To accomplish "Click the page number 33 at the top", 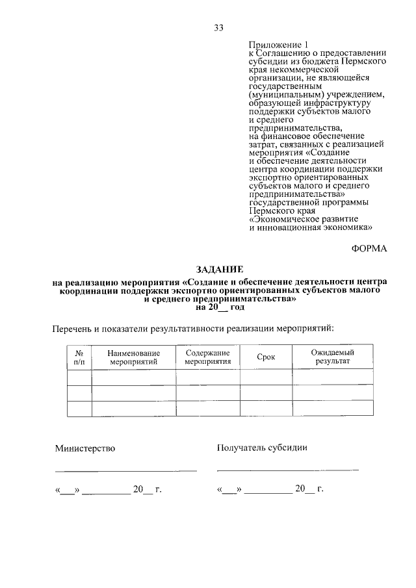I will [218, 27].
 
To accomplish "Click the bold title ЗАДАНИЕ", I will [220, 268].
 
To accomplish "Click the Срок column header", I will [266, 356].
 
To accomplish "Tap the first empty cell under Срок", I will [266, 377].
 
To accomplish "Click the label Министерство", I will [85, 448].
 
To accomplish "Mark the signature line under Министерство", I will [125, 470].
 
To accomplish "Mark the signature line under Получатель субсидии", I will [287, 468].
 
